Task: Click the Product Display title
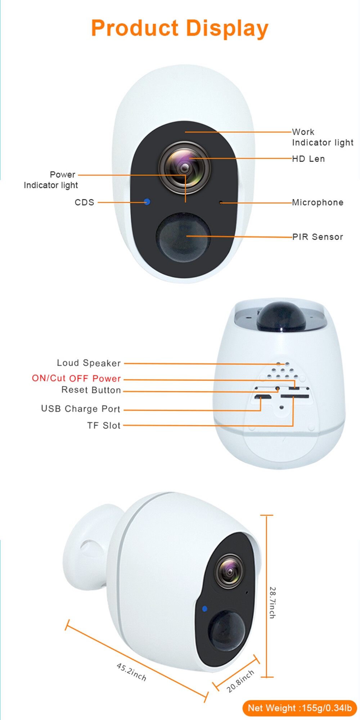pyautogui.click(x=180, y=29)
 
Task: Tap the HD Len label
pyautogui.click(x=309, y=159)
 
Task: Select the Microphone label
pyautogui.click(x=318, y=202)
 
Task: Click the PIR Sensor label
pyautogui.click(x=318, y=237)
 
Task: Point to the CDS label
pyautogui.click(x=84, y=202)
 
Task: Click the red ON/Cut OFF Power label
pyautogui.click(x=76, y=378)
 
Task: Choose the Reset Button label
pyautogui.click(x=91, y=390)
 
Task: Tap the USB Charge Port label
pyautogui.click(x=81, y=409)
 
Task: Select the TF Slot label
pyautogui.click(x=104, y=426)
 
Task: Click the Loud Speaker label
pyautogui.click(x=89, y=363)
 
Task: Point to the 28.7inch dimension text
pyautogui.click(x=273, y=603)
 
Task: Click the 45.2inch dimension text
pyautogui.click(x=131, y=672)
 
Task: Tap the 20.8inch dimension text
pyautogui.click(x=240, y=681)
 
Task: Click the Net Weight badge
pyautogui.click(x=300, y=708)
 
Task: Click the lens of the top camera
pyautogui.click(x=185, y=167)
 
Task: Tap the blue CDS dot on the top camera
pyautogui.click(x=147, y=202)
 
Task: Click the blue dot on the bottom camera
pyautogui.click(x=205, y=609)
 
